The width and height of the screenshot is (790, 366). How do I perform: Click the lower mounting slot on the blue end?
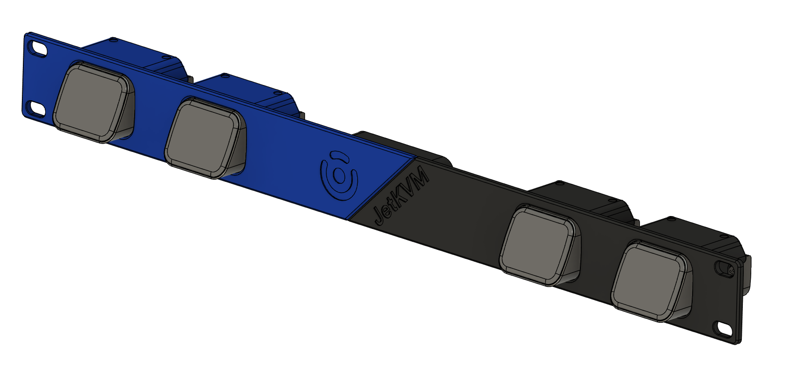pyautogui.click(x=36, y=109)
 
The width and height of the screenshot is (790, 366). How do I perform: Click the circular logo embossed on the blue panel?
pyautogui.click(x=339, y=176)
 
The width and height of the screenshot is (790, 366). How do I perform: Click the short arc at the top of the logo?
pyautogui.click(x=338, y=155)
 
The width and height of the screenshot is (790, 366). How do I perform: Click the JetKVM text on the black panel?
pyautogui.click(x=401, y=195)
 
